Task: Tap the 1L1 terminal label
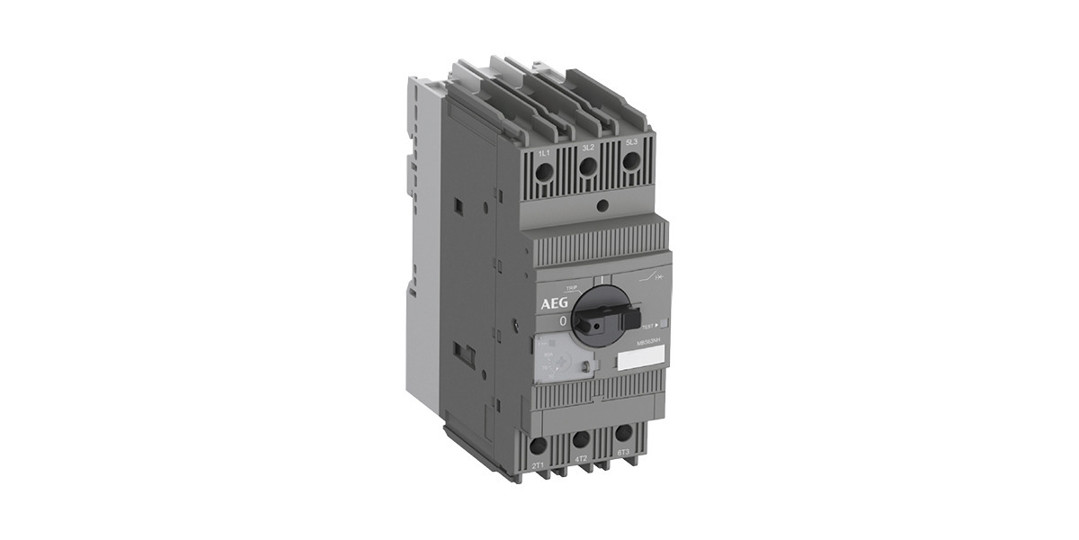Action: tap(544, 152)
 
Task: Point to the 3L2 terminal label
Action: tap(588, 147)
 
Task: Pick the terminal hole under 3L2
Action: tap(588, 165)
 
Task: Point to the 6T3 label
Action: tap(621, 453)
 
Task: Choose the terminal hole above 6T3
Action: tap(621, 434)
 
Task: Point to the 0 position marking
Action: tap(563, 320)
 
